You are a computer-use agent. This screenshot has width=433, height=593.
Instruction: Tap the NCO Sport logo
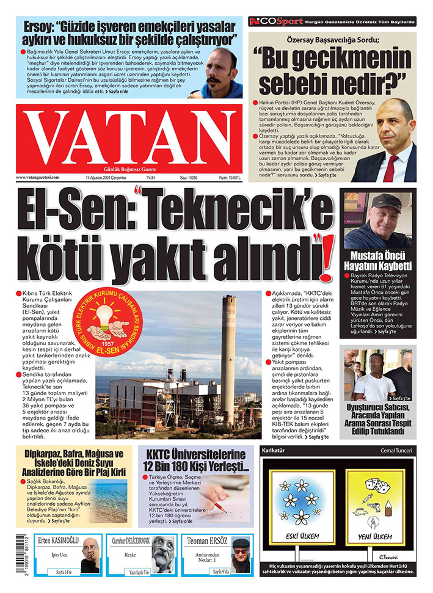click(x=276, y=22)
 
